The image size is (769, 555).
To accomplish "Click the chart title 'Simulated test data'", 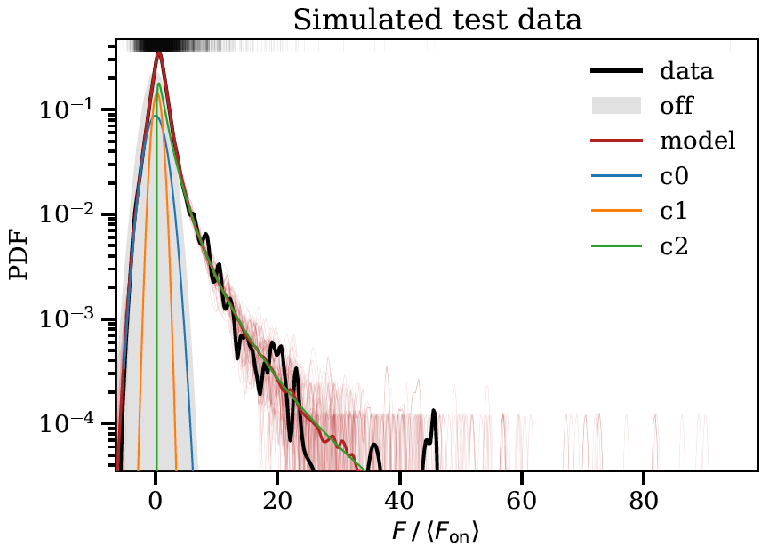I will [437, 19].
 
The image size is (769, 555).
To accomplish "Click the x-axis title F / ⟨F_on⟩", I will [437, 534].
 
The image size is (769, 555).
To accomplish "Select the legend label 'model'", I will [697, 141].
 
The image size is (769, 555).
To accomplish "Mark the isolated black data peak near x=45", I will [433, 414].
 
